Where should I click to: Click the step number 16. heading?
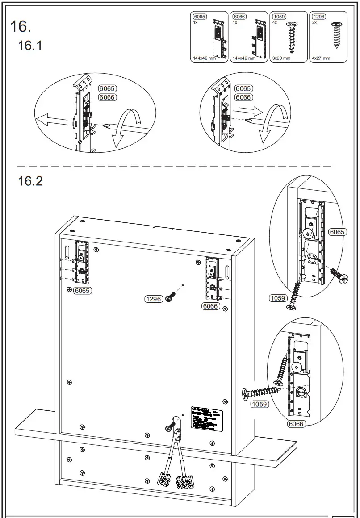(21, 26)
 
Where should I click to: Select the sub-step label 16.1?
(30, 46)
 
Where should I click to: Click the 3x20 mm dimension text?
(281, 58)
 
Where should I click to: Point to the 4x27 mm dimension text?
(321, 58)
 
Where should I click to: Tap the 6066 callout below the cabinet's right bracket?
(210, 306)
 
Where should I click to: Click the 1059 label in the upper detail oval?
(278, 298)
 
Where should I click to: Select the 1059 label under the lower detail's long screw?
(260, 405)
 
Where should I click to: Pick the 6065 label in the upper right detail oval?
(337, 232)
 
